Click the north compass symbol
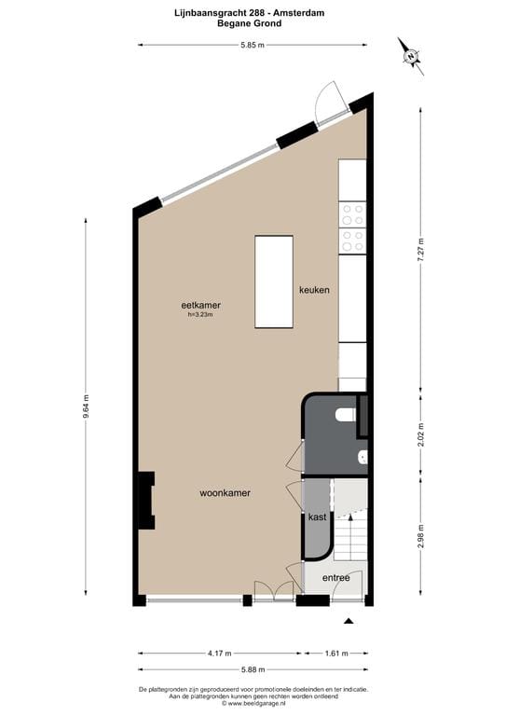click(411, 56)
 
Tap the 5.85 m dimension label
click(253, 45)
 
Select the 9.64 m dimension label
click(86, 406)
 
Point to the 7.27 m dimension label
click(420, 249)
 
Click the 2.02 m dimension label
click(420, 434)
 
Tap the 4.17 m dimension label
click(220, 654)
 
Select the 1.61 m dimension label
click(336, 654)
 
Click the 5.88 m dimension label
click(253, 669)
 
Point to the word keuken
click(314, 290)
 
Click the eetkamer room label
click(200, 305)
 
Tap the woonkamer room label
click(225, 493)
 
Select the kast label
click(317, 516)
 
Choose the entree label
click(335, 578)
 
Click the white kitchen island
click(274, 282)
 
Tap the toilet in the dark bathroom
click(346, 415)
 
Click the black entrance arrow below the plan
click(349, 621)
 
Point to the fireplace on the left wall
click(147, 501)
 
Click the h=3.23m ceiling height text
click(200, 314)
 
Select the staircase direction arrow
click(350, 516)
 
